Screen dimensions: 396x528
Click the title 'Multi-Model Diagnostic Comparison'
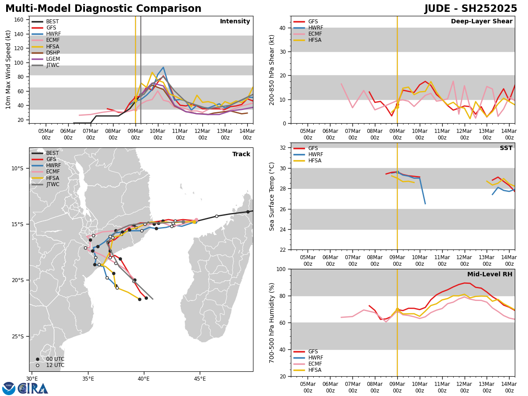pos(103,9)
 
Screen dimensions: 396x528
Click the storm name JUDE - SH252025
pos(471,9)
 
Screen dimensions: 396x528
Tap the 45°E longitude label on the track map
pos(200,378)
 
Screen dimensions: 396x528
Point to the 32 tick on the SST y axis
pos(284,148)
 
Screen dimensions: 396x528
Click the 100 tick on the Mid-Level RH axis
pos(282,269)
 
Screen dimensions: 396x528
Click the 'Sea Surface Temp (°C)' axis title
pos(272,196)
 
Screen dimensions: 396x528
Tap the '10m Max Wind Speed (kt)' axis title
pos(8,70)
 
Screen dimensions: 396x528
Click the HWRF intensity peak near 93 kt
pos(163,67)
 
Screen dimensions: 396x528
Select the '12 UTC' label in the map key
pos(55,365)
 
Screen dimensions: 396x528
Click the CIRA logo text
pos(33,389)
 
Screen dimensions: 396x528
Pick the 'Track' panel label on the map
pos(241,154)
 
